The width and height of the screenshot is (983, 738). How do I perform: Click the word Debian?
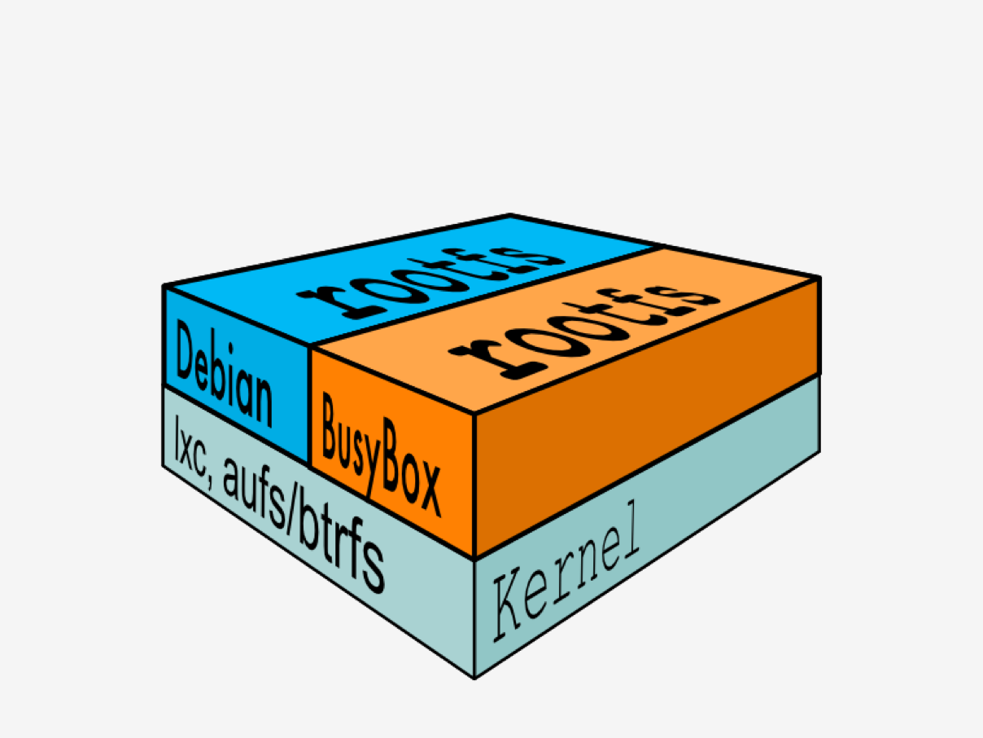click(224, 373)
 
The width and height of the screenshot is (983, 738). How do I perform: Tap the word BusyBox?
click(382, 454)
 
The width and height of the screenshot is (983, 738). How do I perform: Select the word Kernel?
click(566, 571)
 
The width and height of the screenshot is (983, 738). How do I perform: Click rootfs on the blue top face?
click(430, 283)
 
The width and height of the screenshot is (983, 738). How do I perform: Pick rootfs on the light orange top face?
click(584, 332)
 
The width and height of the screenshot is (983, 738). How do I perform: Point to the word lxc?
click(190, 446)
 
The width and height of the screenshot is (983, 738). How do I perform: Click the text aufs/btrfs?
click(304, 525)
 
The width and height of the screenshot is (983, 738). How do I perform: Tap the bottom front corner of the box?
click(474, 678)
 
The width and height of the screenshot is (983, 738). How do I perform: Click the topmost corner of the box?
click(510, 215)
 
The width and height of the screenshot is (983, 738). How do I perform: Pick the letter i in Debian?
click(230, 373)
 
